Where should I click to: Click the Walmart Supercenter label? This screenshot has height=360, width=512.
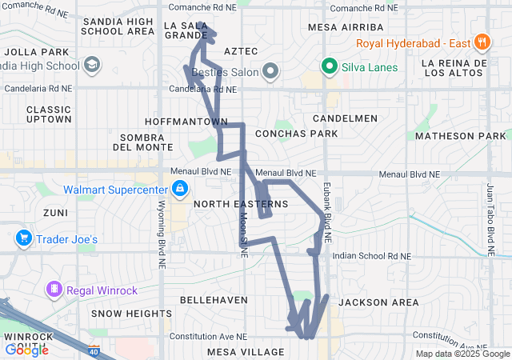tap(115, 190)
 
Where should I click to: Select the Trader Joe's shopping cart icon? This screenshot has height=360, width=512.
tap(23, 238)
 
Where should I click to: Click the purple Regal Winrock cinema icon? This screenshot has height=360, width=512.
tap(54, 288)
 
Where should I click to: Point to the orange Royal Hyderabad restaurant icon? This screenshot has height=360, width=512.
tap(481, 42)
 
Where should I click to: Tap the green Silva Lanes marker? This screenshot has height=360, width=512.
tap(328, 67)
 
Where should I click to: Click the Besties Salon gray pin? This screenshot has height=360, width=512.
tap(271, 72)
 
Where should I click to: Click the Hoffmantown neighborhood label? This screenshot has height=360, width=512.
tap(186, 122)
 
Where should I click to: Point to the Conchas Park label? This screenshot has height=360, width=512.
tap(297, 134)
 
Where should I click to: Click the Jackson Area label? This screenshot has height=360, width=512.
tap(378, 302)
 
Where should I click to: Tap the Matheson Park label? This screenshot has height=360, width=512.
tap(461, 136)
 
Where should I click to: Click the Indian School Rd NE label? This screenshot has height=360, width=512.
tap(371, 257)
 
